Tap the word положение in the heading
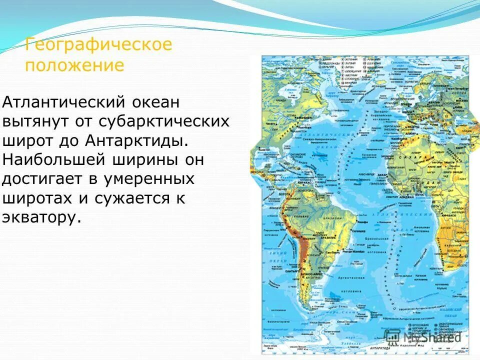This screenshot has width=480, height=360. [74, 65]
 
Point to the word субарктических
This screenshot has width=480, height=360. [170, 121]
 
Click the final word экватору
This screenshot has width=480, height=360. [41, 217]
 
